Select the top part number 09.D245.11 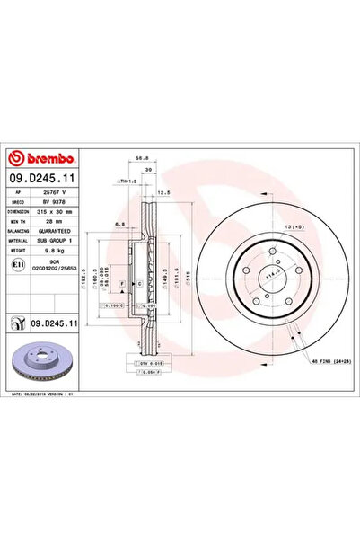tap(45, 179)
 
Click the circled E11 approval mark tap(19, 267)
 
